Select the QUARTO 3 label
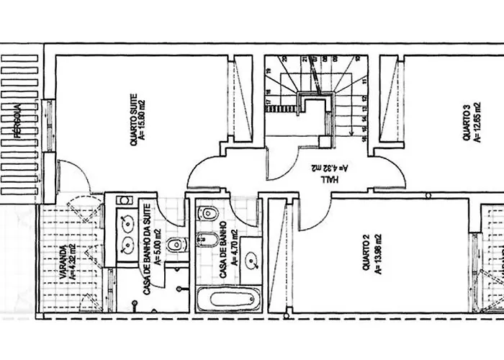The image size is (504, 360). coord(467,122)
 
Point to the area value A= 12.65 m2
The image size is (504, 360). coord(477,122)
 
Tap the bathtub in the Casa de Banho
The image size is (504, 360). coord(228,299)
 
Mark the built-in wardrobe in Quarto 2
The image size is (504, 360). coord(282,256)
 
